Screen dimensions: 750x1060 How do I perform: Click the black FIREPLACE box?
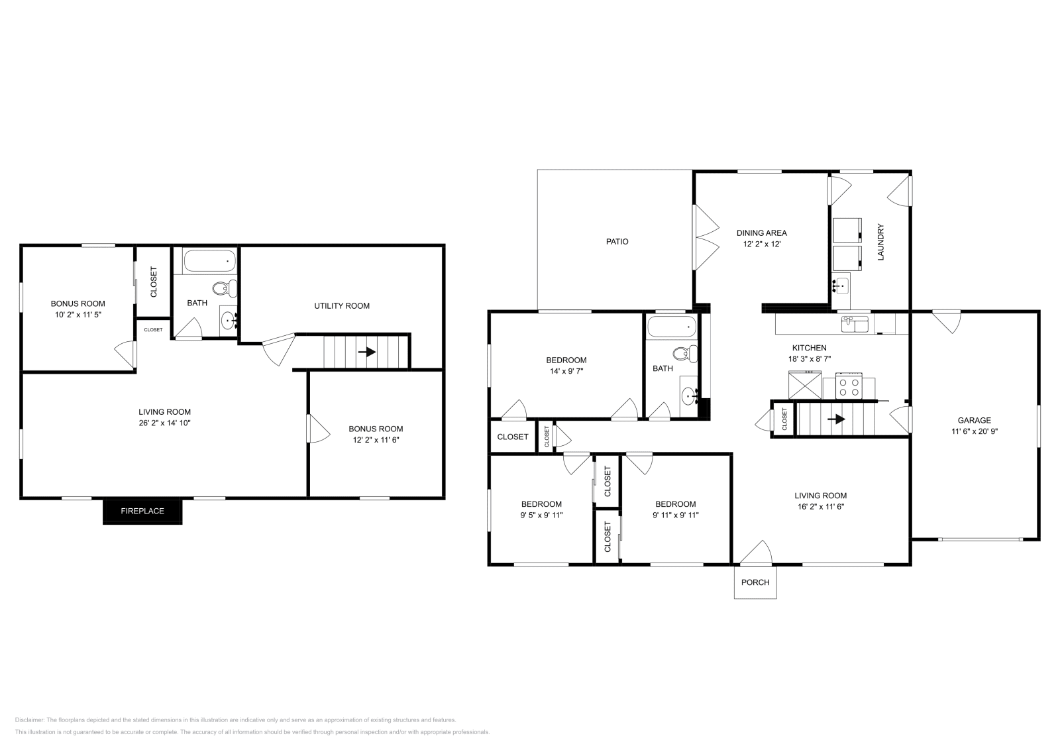coord(142,511)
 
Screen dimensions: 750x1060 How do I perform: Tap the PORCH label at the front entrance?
coord(755,582)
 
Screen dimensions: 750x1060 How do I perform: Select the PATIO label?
coord(617,242)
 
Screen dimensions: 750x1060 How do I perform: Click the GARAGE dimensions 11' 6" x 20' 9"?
coord(974,431)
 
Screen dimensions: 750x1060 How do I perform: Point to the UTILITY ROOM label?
coord(342,306)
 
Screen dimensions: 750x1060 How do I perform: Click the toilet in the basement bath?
coord(225,288)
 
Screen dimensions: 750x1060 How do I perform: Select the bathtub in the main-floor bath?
coord(672,326)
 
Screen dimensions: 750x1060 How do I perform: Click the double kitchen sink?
coord(855,324)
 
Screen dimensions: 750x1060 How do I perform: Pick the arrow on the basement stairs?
coord(366,352)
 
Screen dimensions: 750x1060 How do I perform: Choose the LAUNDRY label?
coord(881,242)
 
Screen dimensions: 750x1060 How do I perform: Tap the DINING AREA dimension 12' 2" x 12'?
coord(761,244)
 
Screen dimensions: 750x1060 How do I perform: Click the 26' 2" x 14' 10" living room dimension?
coord(164,423)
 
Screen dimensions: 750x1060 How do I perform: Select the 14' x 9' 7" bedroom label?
coord(566,372)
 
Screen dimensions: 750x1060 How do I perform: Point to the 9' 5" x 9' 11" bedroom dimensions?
coord(541,515)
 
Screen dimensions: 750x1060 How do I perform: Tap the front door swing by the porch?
coord(757,554)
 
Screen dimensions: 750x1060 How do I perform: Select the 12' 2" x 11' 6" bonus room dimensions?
coord(376,439)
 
